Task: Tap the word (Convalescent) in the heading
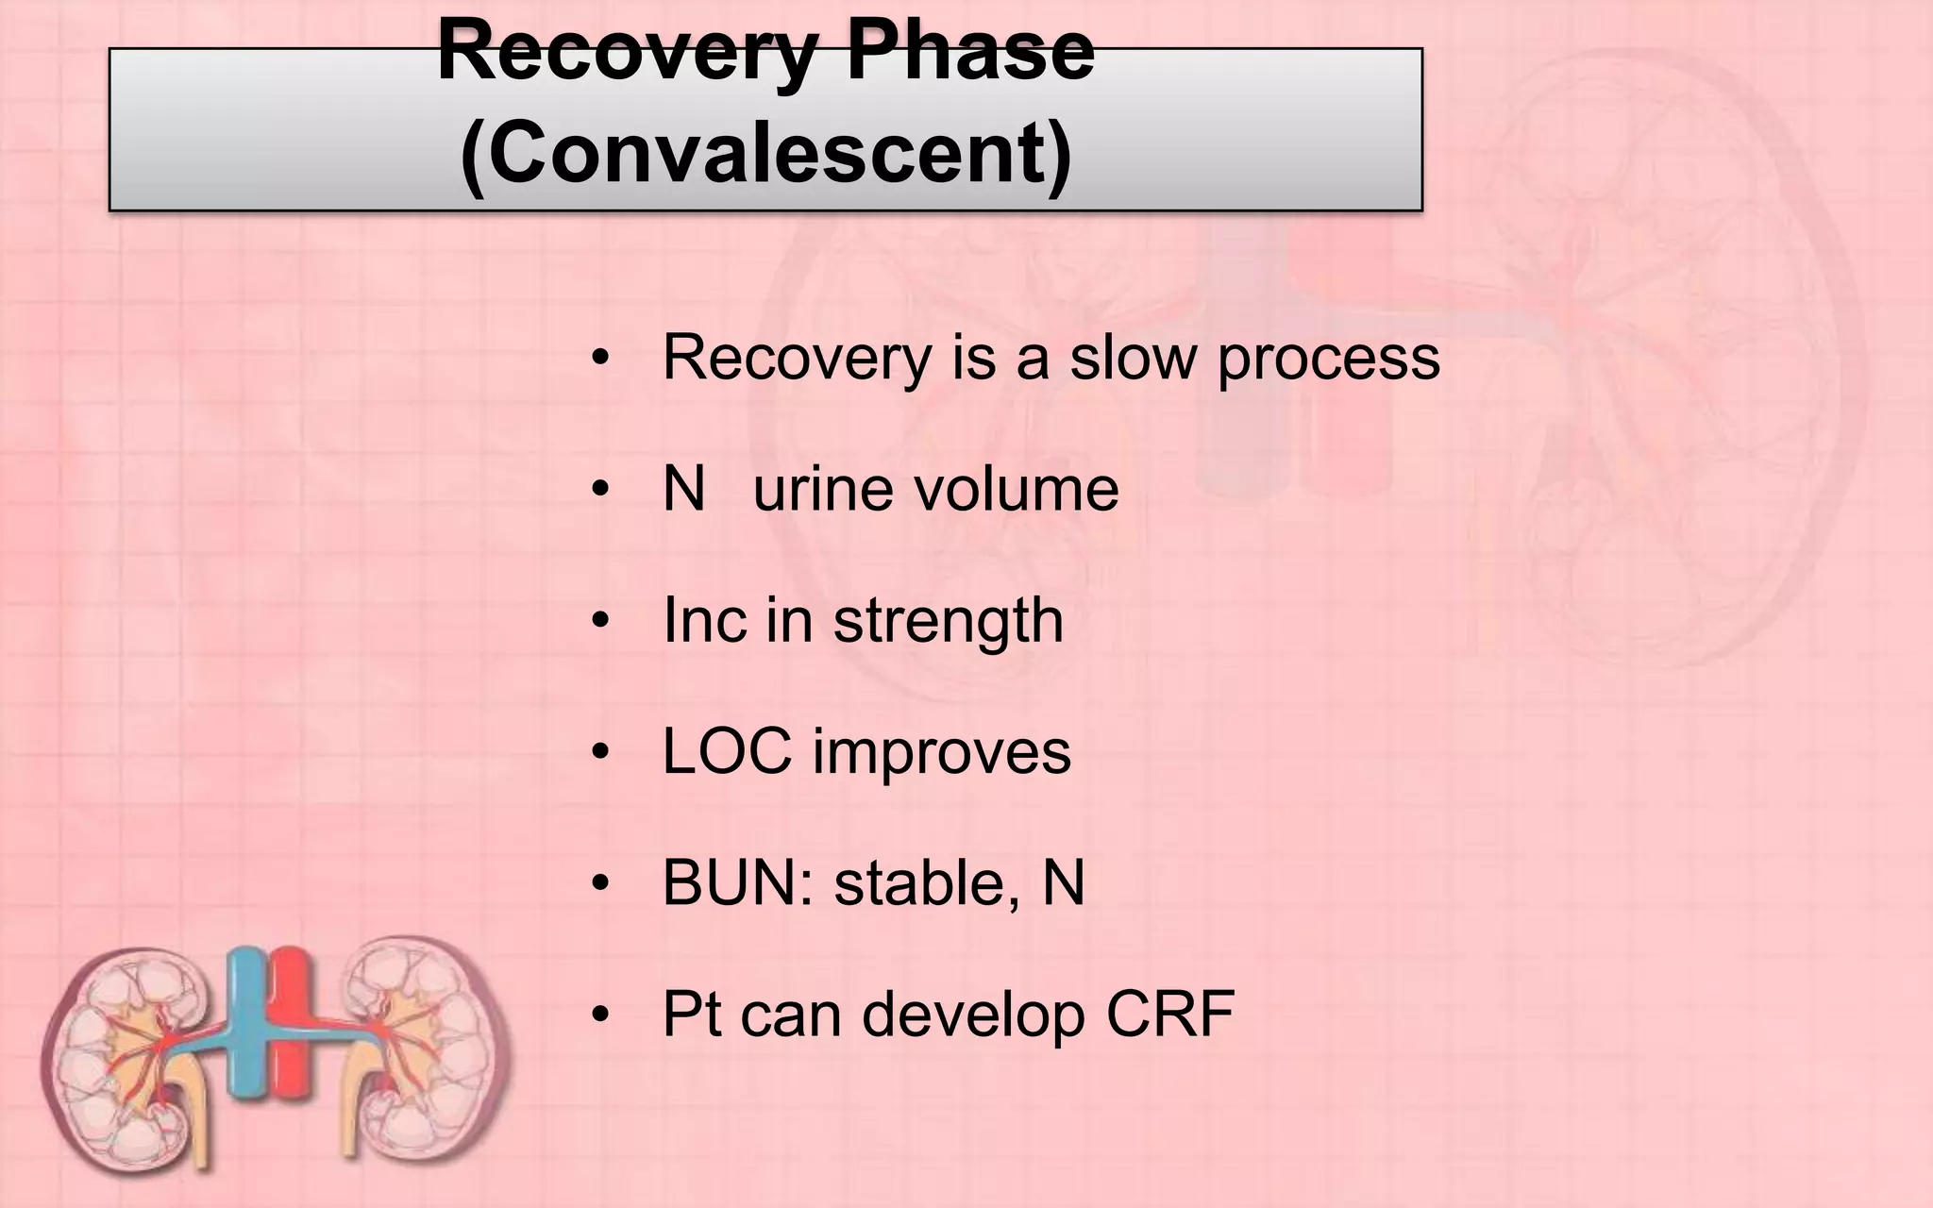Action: tap(765, 155)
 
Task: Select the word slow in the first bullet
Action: tap(1132, 358)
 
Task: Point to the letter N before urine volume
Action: tap(684, 489)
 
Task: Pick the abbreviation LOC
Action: tap(727, 752)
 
